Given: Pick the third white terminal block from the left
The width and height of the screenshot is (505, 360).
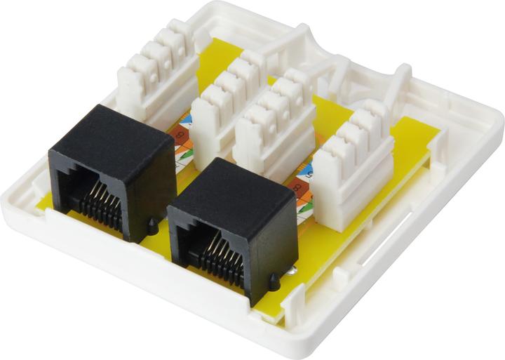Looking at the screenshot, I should click(274, 123).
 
